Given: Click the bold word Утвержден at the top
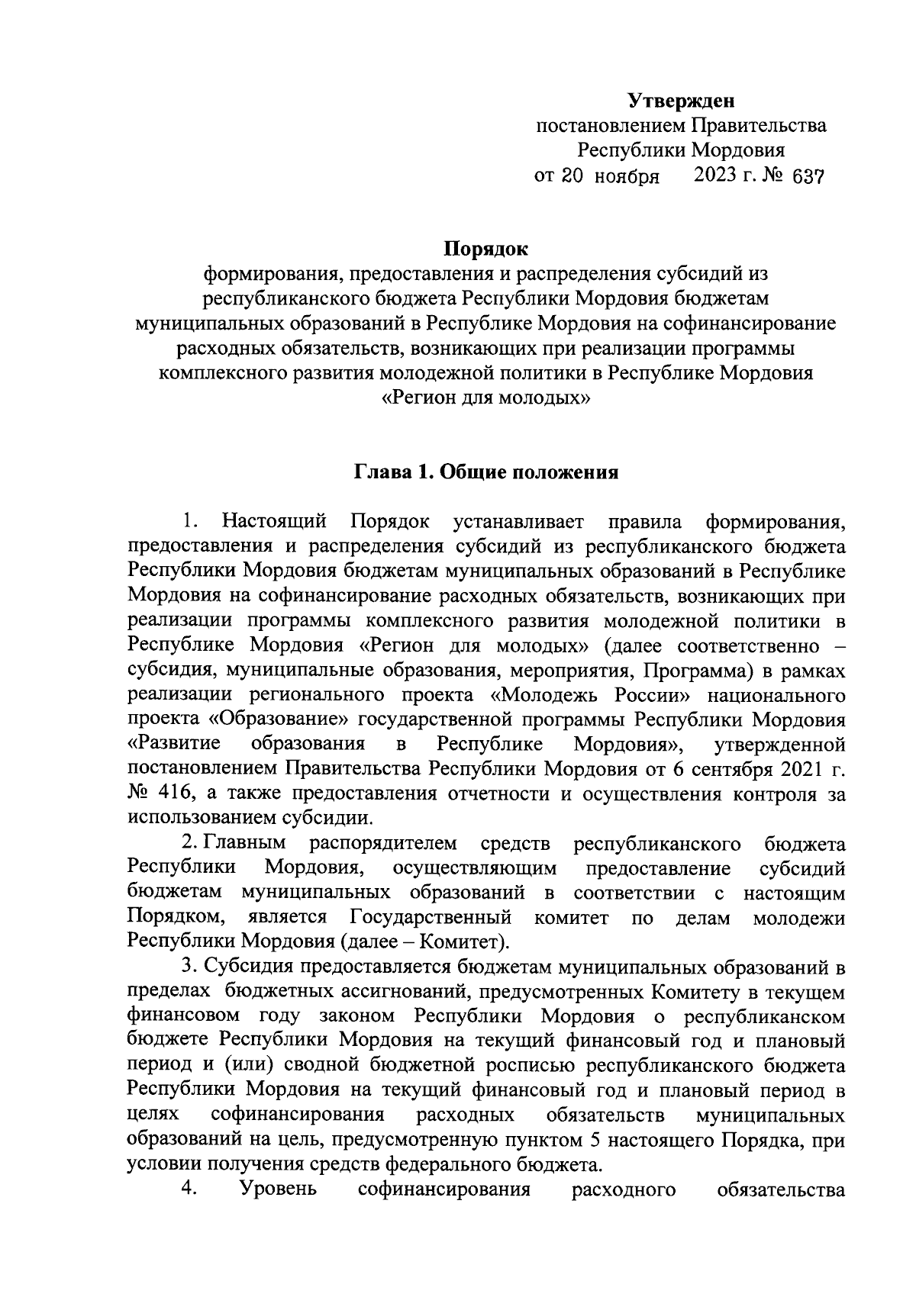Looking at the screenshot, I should click(681, 100).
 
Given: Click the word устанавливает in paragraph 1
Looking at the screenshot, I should click(518, 522).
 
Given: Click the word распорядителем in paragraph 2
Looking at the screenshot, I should click(383, 843).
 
